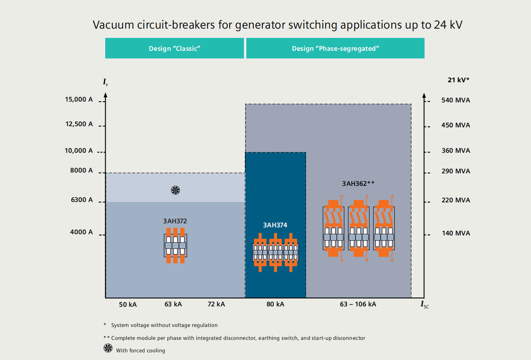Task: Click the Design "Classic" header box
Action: click(x=175, y=48)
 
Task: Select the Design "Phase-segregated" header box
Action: click(x=335, y=48)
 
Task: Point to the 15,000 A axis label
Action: click(x=79, y=99)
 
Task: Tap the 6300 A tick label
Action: click(x=81, y=200)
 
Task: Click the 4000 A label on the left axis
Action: click(x=81, y=232)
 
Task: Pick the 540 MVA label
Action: click(x=456, y=100)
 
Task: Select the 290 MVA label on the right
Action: click(x=456, y=171)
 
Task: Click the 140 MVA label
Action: click(x=456, y=233)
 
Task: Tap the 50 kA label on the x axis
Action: click(x=128, y=304)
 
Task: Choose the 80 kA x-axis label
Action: click(x=275, y=304)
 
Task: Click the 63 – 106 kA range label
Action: click(x=358, y=304)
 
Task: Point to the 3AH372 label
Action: click(x=175, y=221)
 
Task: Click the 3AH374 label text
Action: click(x=275, y=225)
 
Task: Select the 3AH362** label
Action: click(x=358, y=183)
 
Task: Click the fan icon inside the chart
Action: click(x=175, y=190)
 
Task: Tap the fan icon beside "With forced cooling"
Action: click(x=108, y=348)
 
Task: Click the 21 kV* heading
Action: click(x=458, y=80)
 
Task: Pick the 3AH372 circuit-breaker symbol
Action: click(x=175, y=245)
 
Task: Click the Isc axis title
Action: click(x=425, y=305)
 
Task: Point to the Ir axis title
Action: click(x=105, y=83)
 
